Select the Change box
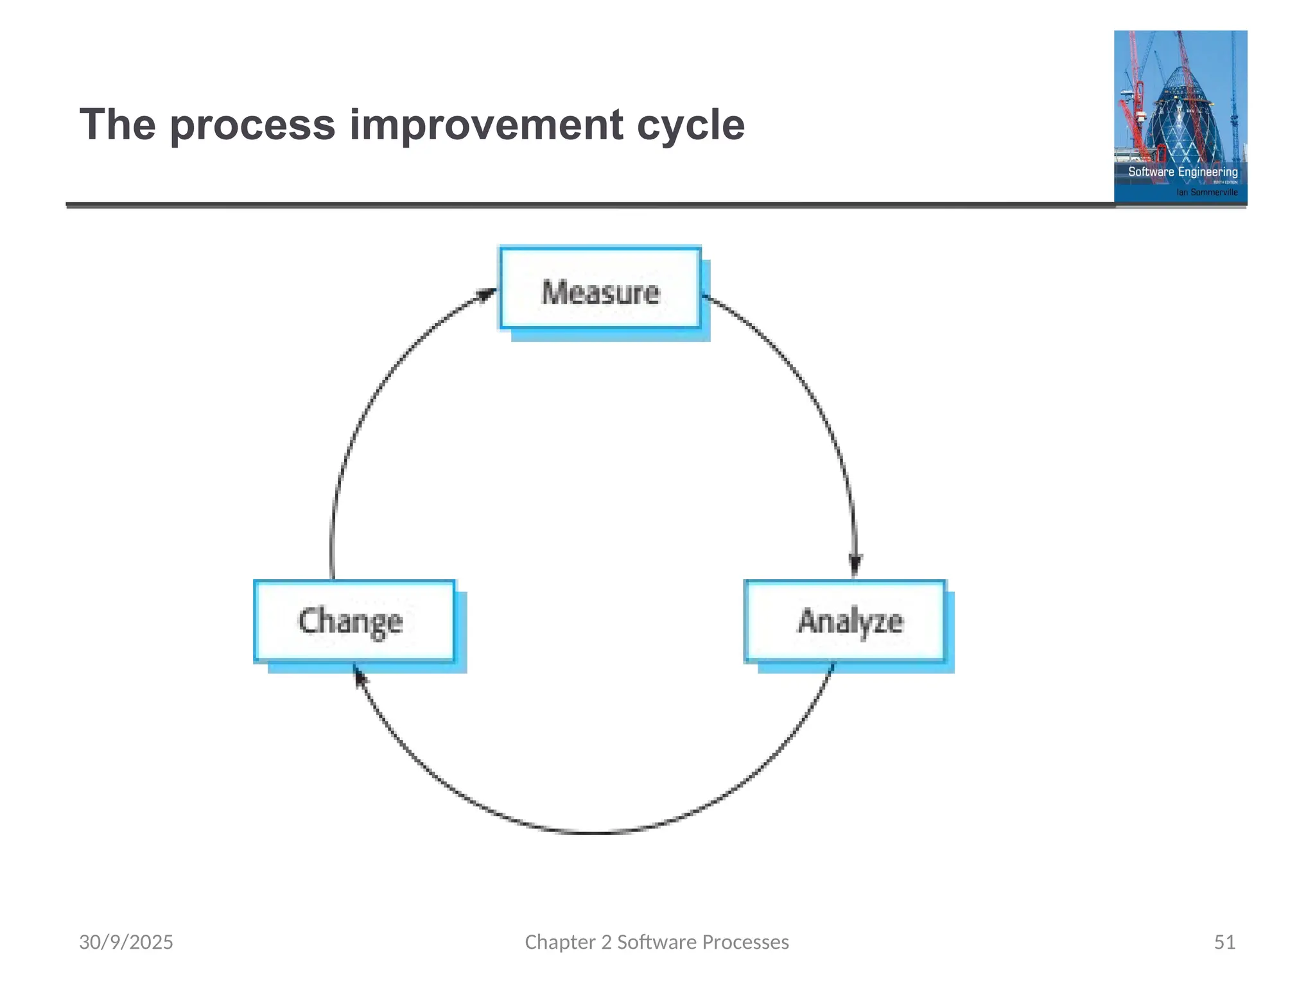[354, 621]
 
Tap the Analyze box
[845, 621]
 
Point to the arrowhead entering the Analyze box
[855, 565]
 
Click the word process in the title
[252, 125]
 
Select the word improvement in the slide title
[485, 125]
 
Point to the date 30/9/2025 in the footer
[126, 942]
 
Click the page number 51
[1224, 942]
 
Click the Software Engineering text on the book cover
[1183, 172]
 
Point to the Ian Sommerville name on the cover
[1206, 192]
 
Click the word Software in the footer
[656, 942]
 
